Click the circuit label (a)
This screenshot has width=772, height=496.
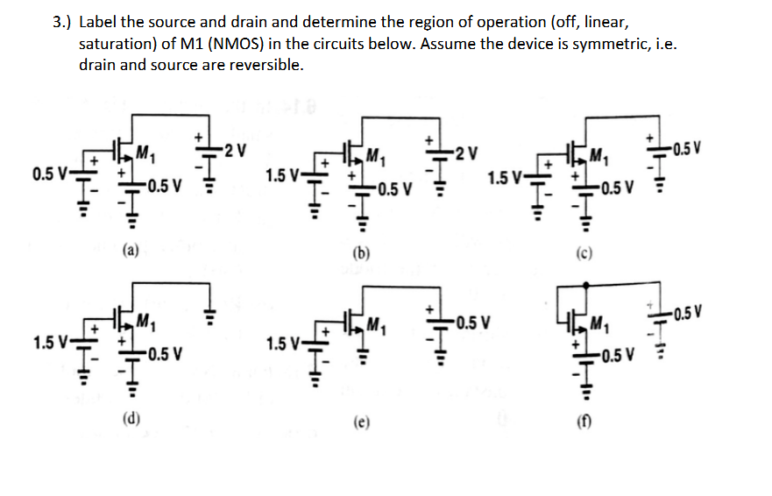tap(130, 251)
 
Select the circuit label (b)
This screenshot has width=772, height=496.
tap(359, 254)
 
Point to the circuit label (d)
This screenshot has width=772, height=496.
tap(130, 419)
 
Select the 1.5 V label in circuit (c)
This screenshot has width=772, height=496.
tap(505, 181)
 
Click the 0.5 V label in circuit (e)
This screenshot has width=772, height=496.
tap(474, 321)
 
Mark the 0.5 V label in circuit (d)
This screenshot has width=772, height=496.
tap(164, 355)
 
